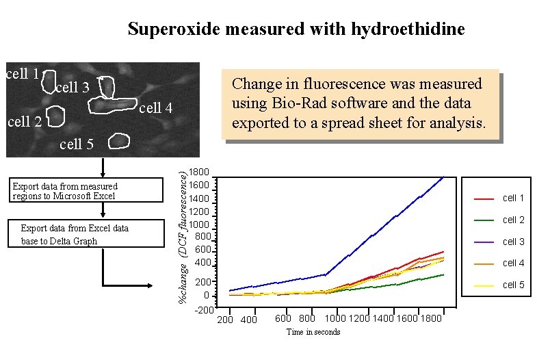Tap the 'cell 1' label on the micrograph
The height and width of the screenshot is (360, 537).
(21, 74)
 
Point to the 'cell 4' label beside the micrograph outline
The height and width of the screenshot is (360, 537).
(156, 108)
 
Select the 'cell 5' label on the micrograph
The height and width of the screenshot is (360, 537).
(77, 144)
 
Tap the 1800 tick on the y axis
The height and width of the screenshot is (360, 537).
(200, 172)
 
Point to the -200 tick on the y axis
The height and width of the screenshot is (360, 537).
(203, 310)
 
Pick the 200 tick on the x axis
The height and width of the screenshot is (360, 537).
(225, 320)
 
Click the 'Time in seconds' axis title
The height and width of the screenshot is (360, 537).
(313, 332)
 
